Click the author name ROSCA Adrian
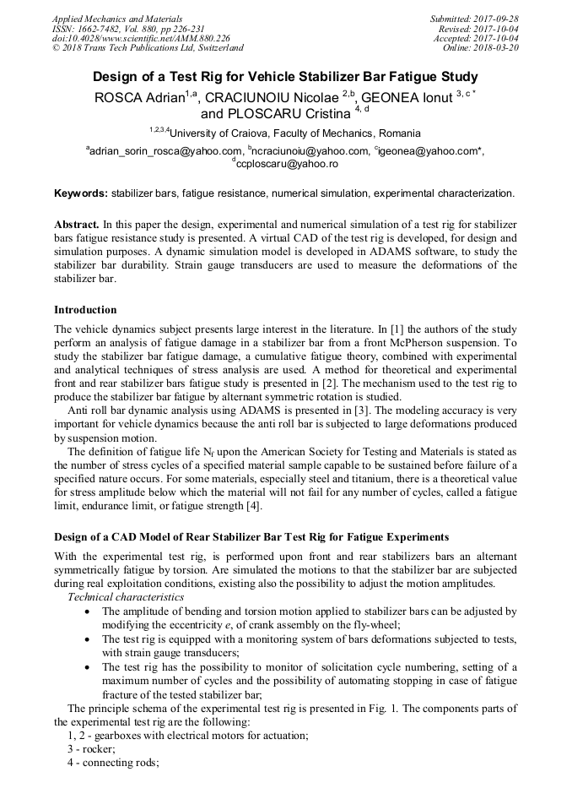pyautogui.click(x=142, y=98)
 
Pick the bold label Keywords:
pyautogui.click(x=81, y=193)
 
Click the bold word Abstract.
pyautogui.click(x=77, y=226)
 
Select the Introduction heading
pyautogui.click(x=85, y=310)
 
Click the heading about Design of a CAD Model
pyautogui.click(x=251, y=537)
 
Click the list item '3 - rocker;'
pyautogui.click(x=91, y=749)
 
